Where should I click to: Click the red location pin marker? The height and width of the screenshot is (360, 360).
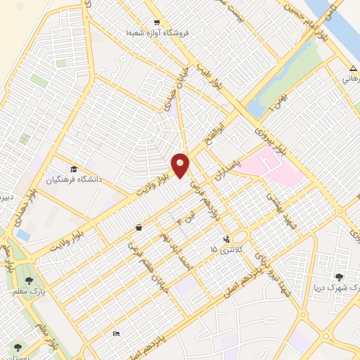pyautogui.click(x=181, y=165)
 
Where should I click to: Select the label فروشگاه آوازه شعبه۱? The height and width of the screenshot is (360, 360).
pyautogui.click(x=155, y=33)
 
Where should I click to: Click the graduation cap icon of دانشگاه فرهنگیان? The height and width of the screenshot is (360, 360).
pyautogui.click(x=75, y=169)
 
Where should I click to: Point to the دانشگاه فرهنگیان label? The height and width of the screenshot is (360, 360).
pyautogui.click(x=75, y=179)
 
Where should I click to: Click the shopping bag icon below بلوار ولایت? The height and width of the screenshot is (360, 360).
pyautogui.click(x=139, y=227)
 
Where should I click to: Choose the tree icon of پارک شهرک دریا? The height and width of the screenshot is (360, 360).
pyautogui.click(x=340, y=278)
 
